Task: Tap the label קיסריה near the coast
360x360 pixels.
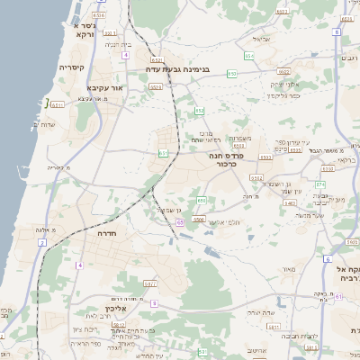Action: point(71,67)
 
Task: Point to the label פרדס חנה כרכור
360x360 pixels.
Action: point(239,158)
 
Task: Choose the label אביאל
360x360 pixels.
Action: point(262,39)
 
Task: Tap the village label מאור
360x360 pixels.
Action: point(288,269)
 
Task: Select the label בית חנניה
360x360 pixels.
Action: point(119,44)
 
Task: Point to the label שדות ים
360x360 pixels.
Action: point(43,124)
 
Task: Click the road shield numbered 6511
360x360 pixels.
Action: point(58,104)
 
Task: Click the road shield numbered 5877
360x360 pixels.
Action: point(151,283)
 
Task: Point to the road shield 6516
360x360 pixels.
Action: point(98,15)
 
